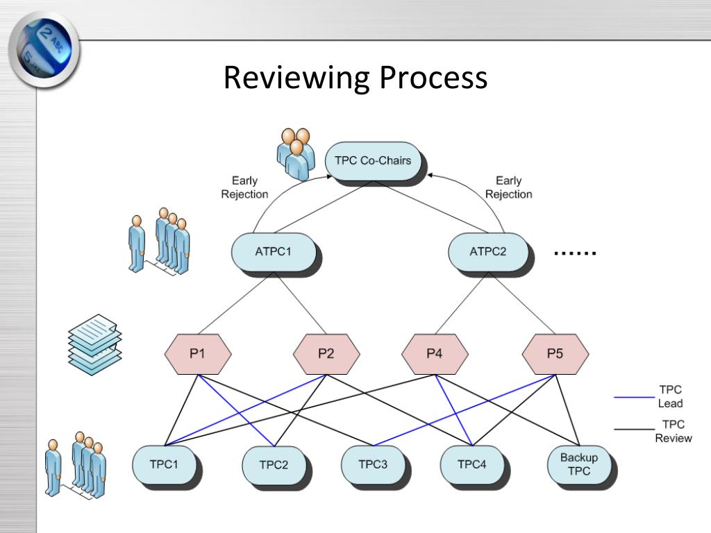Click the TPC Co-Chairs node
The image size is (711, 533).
[373, 161]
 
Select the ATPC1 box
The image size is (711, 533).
[274, 252]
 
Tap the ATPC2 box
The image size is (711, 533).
[488, 252]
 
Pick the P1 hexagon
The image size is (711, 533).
[198, 354]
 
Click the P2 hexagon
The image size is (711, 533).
[326, 354]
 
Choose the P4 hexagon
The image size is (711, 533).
[435, 354]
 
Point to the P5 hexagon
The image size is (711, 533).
[555, 354]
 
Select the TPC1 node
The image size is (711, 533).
[164, 464]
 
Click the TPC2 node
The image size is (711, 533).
[274, 465]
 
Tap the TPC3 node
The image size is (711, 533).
[373, 464]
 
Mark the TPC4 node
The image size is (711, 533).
[472, 464]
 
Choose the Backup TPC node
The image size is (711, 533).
[579, 464]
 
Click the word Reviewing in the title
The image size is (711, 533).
[296, 78]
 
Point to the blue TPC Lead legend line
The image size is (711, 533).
[635, 398]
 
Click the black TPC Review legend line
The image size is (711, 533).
[635, 429]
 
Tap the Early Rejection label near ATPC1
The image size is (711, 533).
[244, 187]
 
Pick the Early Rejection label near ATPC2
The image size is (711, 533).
[508, 187]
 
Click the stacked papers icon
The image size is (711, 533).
[94, 344]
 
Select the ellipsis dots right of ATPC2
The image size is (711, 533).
[575, 253]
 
